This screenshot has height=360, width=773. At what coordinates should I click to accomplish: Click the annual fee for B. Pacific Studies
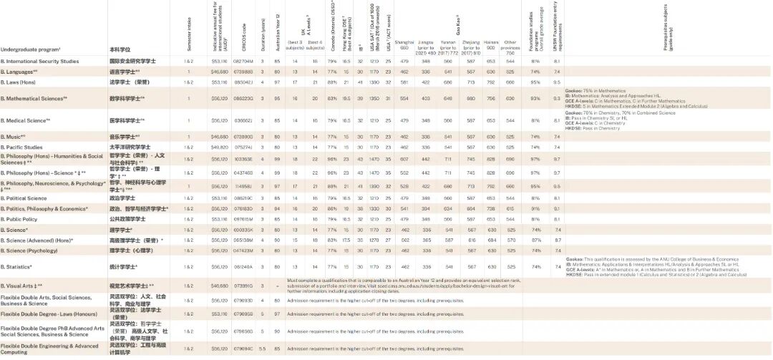click(x=219, y=147)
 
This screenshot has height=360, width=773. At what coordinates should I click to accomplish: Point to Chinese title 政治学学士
click(x=123, y=198)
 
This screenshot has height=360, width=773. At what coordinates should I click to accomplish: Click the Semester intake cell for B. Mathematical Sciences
click(x=188, y=98)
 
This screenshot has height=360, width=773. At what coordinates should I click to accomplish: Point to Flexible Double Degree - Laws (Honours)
click(x=47, y=315)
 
